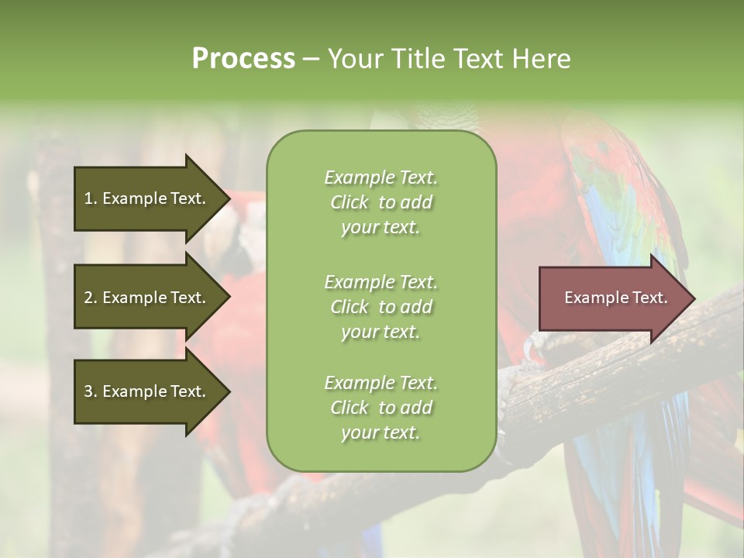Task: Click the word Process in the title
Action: point(243,59)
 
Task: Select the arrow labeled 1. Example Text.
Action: point(147,198)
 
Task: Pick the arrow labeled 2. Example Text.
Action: point(147,298)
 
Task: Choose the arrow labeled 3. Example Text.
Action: point(147,391)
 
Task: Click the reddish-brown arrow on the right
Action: point(612,298)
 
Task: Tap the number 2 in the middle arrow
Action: point(88,298)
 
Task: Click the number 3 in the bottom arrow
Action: point(88,391)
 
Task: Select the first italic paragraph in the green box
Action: point(381,202)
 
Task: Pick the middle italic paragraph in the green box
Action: point(381,307)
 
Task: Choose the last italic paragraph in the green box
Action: point(381,408)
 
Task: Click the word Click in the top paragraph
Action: point(350,202)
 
